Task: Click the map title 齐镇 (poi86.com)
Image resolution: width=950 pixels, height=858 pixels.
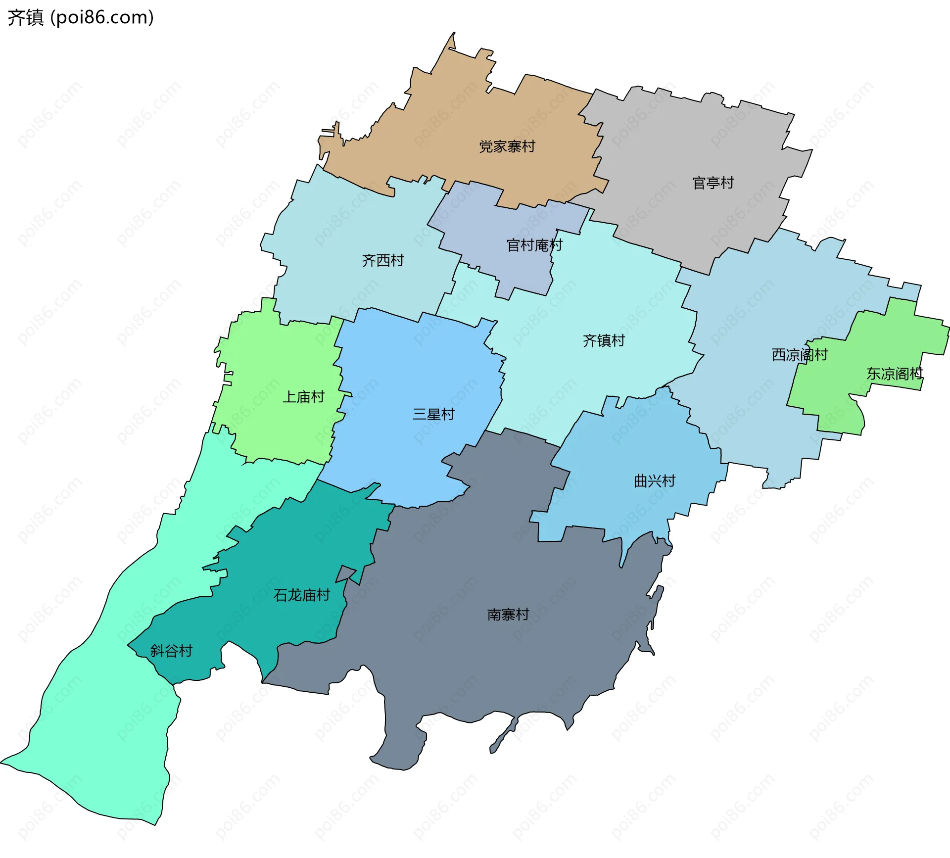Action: (81, 17)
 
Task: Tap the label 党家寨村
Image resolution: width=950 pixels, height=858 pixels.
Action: (507, 146)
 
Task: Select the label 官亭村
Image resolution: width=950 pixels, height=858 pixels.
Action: (713, 183)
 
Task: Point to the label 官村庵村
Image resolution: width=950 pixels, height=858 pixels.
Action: (534, 245)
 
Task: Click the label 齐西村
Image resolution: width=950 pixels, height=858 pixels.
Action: (383, 260)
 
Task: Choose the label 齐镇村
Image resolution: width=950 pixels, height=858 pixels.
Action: (604, 340)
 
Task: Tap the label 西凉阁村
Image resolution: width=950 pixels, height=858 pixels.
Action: (800, 355)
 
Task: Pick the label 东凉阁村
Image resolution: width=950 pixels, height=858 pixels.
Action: (895, 374)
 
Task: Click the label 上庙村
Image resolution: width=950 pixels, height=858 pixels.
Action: (303, 397)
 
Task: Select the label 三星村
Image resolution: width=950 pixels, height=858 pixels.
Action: (433, 414)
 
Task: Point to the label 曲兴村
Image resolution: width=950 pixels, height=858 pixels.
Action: (655, 481)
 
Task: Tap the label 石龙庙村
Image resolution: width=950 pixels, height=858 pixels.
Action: (302, 595)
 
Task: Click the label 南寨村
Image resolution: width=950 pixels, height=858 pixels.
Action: (508, 615)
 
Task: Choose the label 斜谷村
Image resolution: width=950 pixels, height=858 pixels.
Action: (171, 651)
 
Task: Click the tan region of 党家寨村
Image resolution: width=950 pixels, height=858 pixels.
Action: (445, 124)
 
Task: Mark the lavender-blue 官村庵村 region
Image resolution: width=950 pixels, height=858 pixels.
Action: (495, 218)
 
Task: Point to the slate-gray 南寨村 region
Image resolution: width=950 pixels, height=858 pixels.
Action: (470, 668)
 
